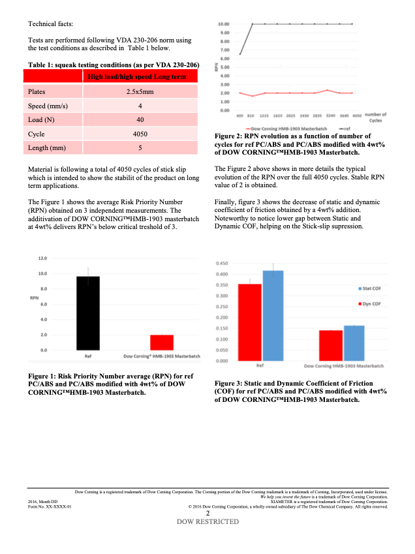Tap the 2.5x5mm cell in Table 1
[140, 92]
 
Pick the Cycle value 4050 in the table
[140, 134]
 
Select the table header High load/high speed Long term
[140, 78]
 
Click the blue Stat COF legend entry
[372, 288]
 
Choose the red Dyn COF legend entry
[372, 304]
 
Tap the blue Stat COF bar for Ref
[273, 316]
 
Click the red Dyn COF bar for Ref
[249, 322]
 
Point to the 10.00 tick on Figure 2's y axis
[224, 24]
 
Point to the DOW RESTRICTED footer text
[207, 522]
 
